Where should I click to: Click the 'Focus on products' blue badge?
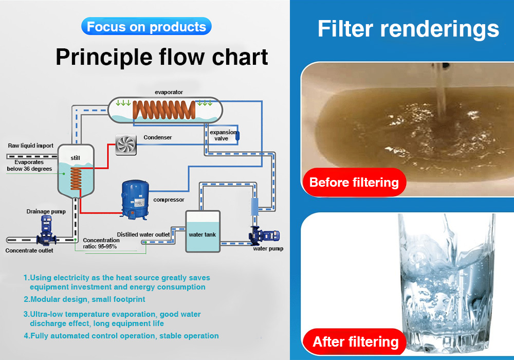pos(146,26)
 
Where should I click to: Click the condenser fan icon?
pos(126,145)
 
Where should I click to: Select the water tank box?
pos(203,231)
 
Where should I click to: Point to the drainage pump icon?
pos(46,230)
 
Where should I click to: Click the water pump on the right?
pos(264,236)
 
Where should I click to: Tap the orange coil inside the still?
pos(76,178)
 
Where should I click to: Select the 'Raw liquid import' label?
pos(30,146)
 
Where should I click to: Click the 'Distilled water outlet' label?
pos(143,235)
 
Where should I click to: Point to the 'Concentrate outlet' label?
pos(29,250)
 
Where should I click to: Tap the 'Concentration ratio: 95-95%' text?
pos(101,243)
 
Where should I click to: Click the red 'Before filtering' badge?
pos(354,182)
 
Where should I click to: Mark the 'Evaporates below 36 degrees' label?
pos(29,166)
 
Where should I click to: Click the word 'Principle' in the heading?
pos(104,58)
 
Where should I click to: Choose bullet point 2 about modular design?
pos(84,299)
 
